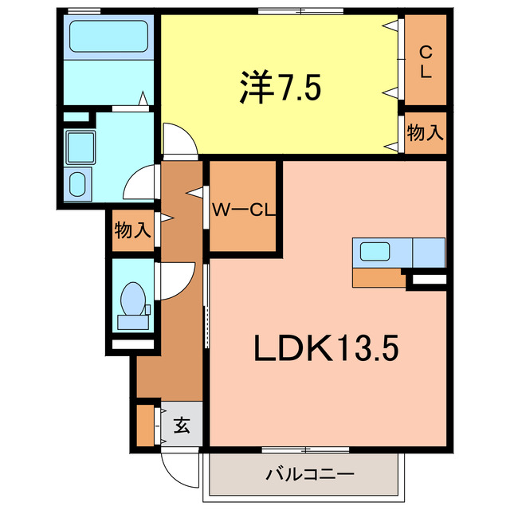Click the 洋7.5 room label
click(x=279, y=87)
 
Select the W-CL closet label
click(x=243, y=210)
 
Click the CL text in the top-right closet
click(x=425, y=61)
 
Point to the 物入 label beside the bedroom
click(x=425, y=132)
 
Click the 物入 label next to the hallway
click(x=132, y=231)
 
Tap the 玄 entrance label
click(x=182, y=426)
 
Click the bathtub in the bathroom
click(x=110, y=36)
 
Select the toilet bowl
click(x=131, y=301)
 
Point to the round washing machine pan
click(x=78, y=184)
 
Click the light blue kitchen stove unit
click(x=429, y=253)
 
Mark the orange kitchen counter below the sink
click(x=379, y=277)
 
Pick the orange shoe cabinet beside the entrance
click(x=145, y=426)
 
